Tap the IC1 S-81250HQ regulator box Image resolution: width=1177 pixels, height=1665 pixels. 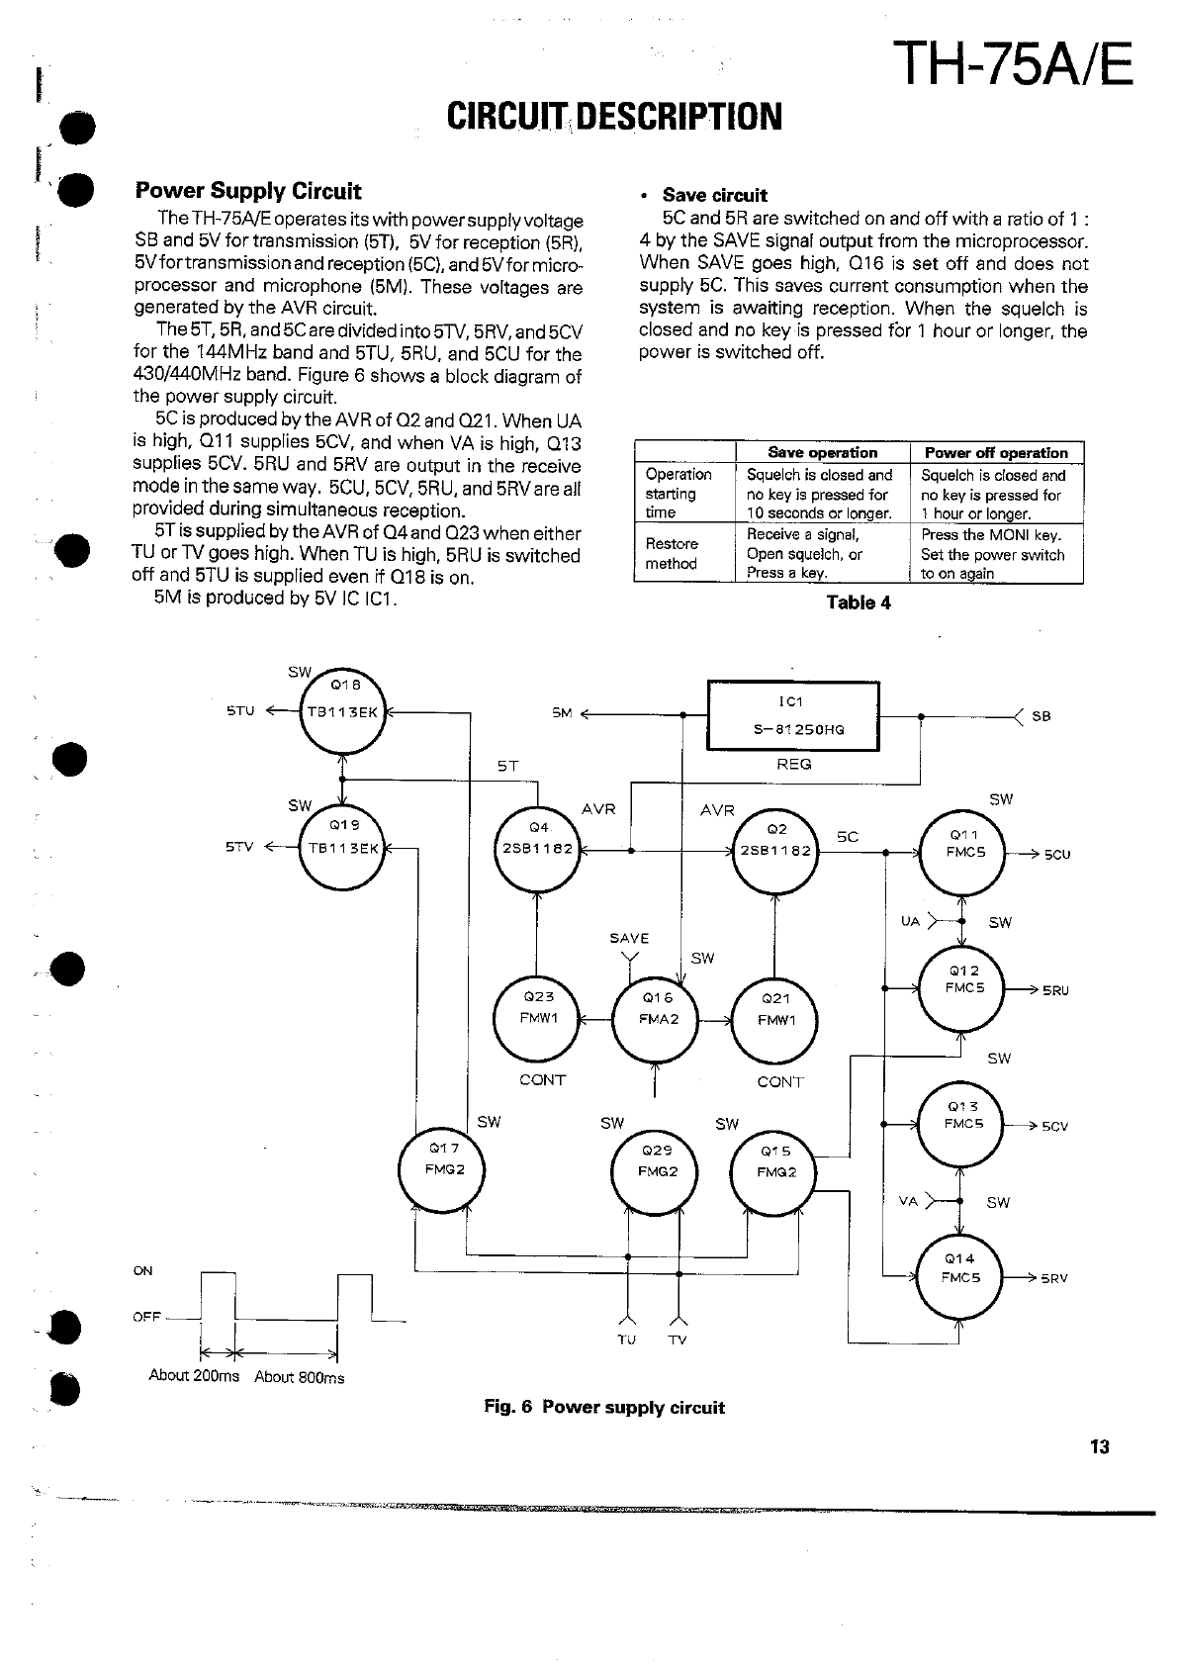793,716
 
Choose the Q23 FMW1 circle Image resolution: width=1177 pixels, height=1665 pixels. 536,1017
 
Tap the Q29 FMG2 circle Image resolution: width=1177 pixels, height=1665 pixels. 655,1170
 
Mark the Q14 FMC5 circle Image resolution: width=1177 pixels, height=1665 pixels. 959,1277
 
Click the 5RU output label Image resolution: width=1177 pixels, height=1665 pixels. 1055,990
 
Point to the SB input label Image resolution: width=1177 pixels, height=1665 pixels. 1041,716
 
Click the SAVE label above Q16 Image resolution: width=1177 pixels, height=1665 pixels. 629,938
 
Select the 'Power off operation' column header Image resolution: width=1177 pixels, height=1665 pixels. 995,453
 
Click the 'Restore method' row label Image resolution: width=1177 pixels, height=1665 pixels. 672,553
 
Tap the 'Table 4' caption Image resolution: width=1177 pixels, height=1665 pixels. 858,602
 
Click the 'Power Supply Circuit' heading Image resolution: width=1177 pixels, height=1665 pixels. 248,191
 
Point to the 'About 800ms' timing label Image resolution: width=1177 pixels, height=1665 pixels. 299,1377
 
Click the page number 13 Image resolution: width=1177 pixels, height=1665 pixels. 1099,1446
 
